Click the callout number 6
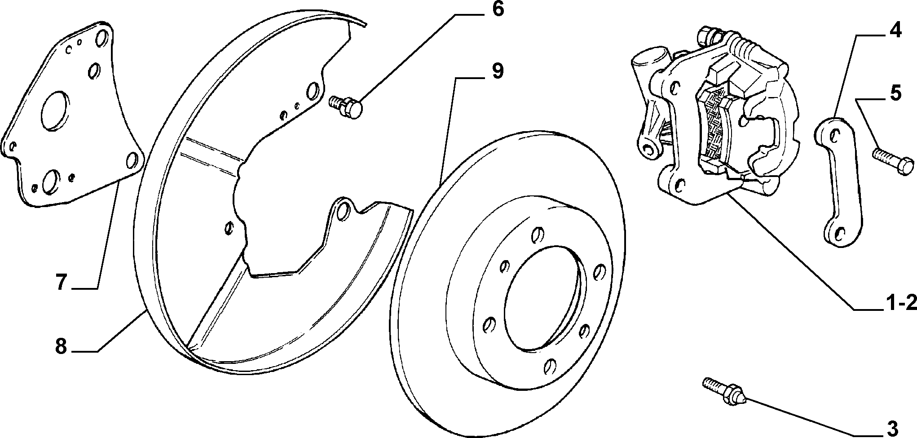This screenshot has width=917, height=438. coord(498,10)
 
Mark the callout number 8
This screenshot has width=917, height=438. coord(61,346)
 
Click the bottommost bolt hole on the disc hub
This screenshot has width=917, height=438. coord(551,367)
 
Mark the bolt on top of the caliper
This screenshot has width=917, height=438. coord(708,36)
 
